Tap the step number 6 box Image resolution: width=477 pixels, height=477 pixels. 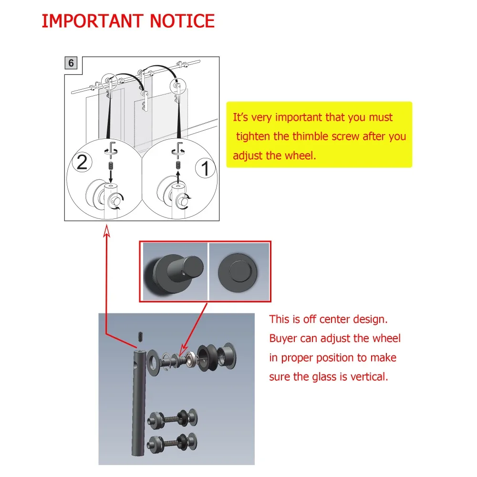point(71,63)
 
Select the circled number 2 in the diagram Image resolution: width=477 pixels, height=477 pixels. point(82,163)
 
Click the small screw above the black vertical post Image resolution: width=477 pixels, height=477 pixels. point(140,336)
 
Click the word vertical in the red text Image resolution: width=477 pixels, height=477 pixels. point(367,377)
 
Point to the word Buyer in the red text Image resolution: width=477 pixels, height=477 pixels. point(283,339)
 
